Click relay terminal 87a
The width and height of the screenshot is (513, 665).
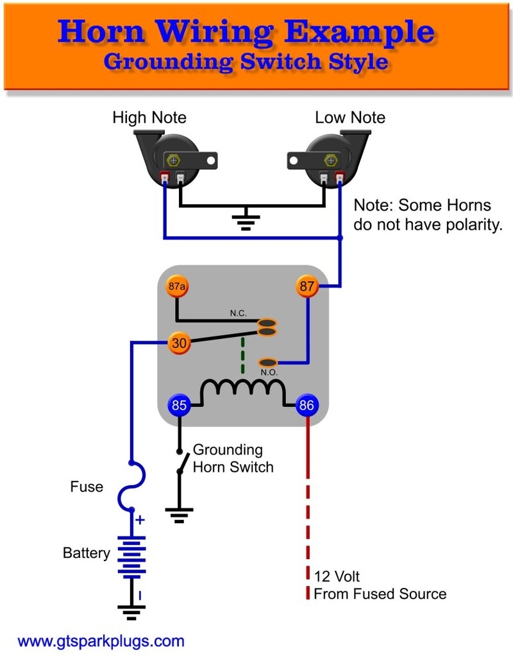pos(178,287)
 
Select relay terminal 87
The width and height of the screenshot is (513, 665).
pos(308,287)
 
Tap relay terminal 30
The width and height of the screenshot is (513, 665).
pos(179,343)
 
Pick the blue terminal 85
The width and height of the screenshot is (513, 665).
pos(179,406)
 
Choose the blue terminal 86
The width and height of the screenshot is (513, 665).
pos(307,406)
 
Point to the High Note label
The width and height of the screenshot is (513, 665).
pos(149,117)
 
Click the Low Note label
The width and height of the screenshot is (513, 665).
pos(350,117)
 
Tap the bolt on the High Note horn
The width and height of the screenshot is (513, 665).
pos(173,159)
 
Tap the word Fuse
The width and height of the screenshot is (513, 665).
pos(87,487)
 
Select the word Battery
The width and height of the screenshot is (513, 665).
pos(87,553)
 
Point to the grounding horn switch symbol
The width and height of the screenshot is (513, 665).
pos(181,461)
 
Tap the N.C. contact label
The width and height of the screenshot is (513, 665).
pos(239,315)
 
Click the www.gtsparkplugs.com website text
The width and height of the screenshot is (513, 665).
pos(101,641)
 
